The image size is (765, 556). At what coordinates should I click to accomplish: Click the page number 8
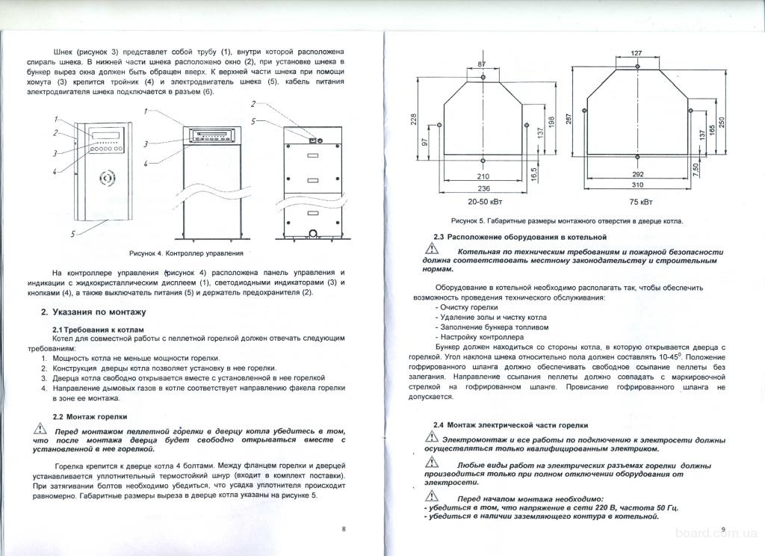(x=343, y=528)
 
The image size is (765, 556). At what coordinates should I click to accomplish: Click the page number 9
(x=724, y=529)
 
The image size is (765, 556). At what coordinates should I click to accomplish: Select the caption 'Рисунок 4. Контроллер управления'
(x=186, y=253)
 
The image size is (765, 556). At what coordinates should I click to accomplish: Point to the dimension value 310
(x=637, y=185)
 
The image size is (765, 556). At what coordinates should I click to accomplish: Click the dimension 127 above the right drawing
(x=637, y=53)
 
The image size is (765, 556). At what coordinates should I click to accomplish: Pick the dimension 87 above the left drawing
(x=481, y=64)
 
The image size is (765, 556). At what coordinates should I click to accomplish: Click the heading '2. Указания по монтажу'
(x=93, y=312)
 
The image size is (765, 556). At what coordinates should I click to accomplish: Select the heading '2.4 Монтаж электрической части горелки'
(x=511, y=424)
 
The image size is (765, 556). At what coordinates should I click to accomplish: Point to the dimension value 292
(x=637, y=173)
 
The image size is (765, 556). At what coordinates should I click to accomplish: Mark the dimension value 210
(x=483, y=176)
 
